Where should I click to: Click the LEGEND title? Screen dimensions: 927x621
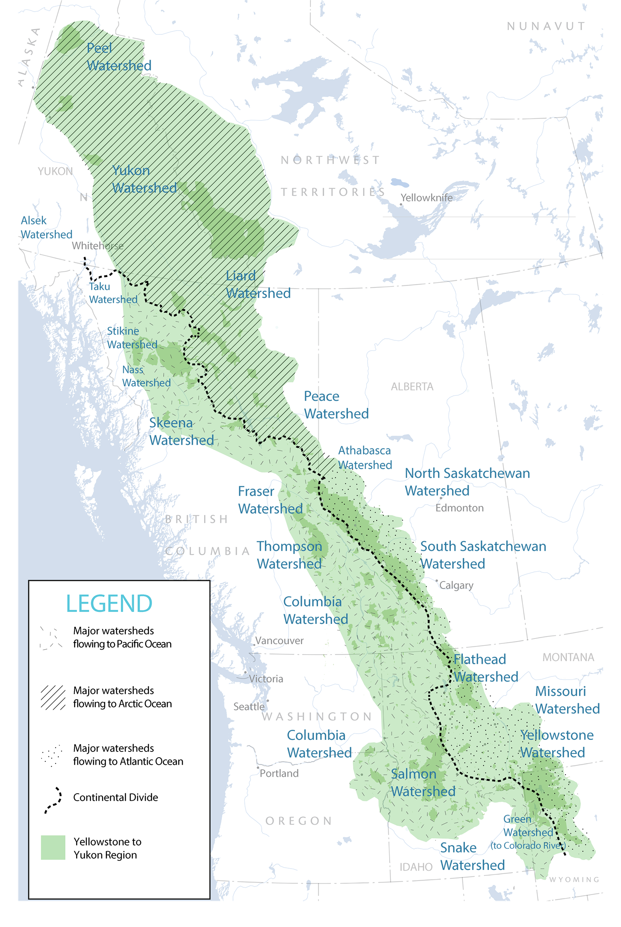[109, 603]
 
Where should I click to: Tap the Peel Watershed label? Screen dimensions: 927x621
[114, 57]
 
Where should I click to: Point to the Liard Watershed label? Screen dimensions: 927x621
[242, 284]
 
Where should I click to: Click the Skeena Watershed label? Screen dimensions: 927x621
[182, 431]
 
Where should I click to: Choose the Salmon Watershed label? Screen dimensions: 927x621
[422, 783]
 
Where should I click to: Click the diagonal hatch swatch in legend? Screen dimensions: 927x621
[53, 697]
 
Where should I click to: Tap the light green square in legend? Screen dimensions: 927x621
[53, 848]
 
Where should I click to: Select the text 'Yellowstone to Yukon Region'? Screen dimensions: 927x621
[107, 848]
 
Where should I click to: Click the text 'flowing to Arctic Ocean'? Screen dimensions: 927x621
[122, 704]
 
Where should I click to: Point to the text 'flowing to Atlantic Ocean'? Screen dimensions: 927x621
[128, 761]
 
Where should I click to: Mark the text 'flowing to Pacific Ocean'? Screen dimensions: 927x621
[122, 644]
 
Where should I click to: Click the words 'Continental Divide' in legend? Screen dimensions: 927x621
[116, 797]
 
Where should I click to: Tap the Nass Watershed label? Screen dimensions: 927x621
[147, 376]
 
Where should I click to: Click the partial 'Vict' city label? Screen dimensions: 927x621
[257, 679]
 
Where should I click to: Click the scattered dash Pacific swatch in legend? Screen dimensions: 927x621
[51, 638]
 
